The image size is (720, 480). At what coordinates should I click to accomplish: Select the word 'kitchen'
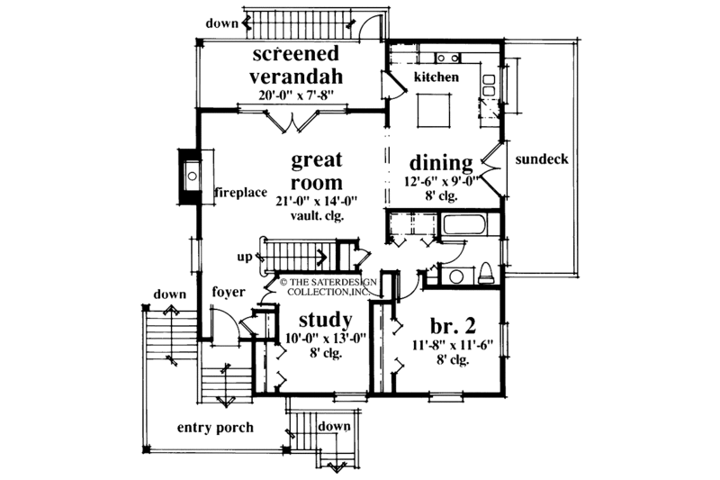436,77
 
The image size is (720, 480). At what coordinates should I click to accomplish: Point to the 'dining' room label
441,163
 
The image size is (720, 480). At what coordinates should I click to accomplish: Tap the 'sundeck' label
541,159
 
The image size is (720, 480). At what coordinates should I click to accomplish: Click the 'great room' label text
317,172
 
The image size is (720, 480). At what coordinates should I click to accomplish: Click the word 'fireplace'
239,193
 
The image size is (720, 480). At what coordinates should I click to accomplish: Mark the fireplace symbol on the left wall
189,175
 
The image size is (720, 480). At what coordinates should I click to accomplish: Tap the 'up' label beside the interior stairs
245,257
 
